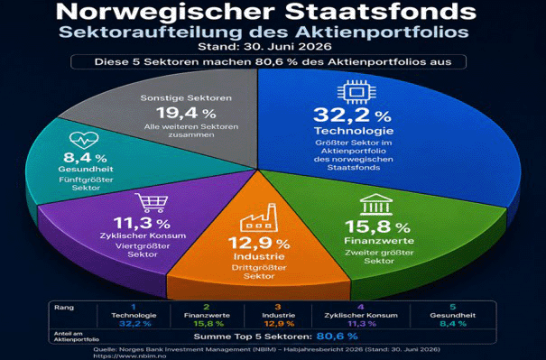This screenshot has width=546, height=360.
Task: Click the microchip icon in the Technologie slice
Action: coord(356,92)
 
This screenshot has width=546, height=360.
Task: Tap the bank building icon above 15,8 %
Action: coord(376,205)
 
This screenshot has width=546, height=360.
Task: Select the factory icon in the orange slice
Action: coord(259,218)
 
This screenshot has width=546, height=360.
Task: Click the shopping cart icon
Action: coord(152,203)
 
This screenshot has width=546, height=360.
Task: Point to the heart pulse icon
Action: coord(84,141)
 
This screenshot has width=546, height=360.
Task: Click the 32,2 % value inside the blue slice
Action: coord(352,115)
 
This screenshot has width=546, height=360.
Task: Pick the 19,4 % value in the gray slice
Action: coord(186,113)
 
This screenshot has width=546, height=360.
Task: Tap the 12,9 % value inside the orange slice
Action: coord(259,243)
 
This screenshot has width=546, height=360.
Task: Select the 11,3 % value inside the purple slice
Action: coord(142,223)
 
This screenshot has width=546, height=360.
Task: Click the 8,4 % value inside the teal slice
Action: coord(85,158)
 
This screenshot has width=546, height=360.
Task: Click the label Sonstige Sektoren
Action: coord(186,97)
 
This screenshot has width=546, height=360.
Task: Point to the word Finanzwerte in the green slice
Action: coord(379,241)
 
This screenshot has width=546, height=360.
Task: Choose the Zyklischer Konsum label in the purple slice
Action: coord(143,235)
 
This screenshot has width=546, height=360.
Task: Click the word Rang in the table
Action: coord(64,308)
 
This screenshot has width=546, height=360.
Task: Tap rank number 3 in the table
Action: coord(278,307)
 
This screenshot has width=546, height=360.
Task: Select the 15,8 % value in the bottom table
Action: coord(208,324)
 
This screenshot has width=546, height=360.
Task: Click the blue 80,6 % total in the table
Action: coord(337,337)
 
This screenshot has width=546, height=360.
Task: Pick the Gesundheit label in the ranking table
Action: coord(452,316)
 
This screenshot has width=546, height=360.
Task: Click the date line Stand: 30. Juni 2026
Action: coord(264,46)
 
